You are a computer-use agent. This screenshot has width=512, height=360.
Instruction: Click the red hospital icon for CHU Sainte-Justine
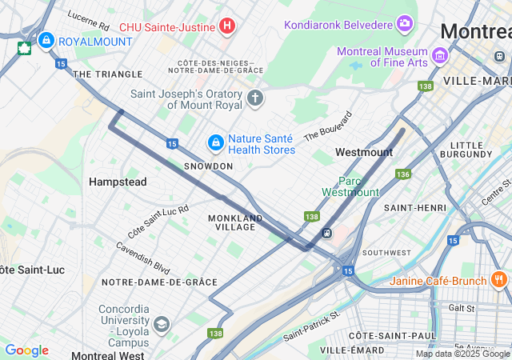(x=227, y=26)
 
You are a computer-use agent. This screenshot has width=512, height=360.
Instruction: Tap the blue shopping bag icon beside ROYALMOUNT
(x=46, y=39)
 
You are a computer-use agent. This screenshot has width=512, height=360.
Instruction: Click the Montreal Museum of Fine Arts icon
(x=439, y=56)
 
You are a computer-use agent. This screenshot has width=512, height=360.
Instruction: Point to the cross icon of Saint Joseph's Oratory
(x=255, y=98)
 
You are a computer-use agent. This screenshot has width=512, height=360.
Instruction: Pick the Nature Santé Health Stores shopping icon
(x=215, y=142)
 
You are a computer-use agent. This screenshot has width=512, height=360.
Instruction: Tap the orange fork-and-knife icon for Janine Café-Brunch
(x=499, y=280)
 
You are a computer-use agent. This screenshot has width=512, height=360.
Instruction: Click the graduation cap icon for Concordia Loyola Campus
(x=162, y=324)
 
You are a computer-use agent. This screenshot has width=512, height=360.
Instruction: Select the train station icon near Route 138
(x=326, y=233)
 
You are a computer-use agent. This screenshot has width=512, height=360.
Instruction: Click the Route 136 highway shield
(x=402, y=174)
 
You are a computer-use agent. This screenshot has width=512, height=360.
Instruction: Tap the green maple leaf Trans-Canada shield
(x=25, y=47)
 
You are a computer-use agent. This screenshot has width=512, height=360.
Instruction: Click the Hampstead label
(x=118, y=182)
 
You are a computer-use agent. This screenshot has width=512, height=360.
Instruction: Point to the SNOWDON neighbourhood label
(x=208, y=166)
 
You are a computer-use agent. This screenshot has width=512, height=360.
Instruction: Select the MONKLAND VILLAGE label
(x=235, y=222)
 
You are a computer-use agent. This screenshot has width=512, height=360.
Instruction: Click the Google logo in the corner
(x=26, y=350)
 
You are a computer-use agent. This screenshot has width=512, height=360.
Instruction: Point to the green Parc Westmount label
(x=350, y=186)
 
